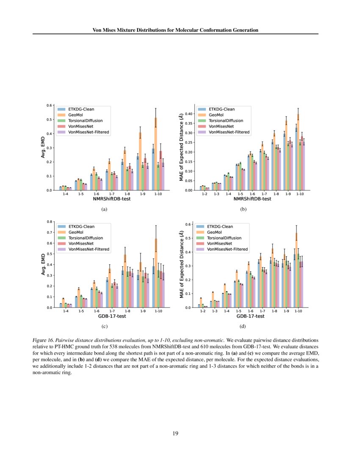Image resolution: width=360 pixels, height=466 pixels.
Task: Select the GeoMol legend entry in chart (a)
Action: coord(76,114)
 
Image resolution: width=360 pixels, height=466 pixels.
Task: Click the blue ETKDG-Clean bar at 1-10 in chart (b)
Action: coord(296,159)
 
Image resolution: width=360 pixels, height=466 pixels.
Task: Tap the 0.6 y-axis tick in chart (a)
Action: coord(50,105)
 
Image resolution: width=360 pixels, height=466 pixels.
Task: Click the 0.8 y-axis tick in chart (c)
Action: coord(50,222)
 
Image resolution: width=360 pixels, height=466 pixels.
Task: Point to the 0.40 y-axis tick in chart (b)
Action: coord(188,114)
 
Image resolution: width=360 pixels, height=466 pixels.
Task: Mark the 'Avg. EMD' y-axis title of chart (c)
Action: coord(43,264)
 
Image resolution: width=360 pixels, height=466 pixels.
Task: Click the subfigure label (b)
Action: coord(244,209)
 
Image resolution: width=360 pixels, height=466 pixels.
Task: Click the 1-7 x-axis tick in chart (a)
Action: coord(111,194)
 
